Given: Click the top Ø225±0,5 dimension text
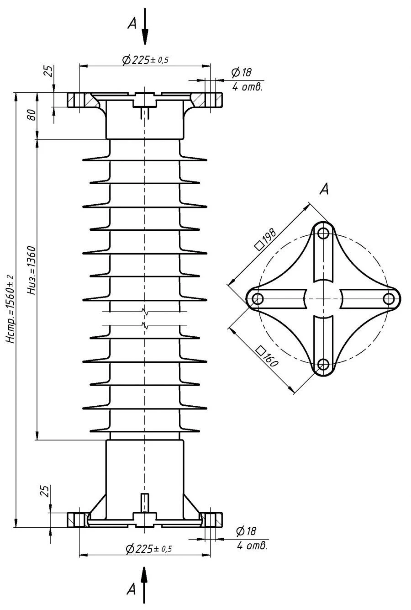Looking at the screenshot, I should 145,60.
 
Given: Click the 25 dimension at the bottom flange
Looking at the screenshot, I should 44,491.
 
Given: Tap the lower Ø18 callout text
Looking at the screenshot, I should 246,531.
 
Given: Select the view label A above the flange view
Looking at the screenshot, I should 324,189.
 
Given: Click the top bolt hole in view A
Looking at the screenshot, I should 324,233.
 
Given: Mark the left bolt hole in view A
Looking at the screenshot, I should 258,299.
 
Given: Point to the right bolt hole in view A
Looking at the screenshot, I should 389,299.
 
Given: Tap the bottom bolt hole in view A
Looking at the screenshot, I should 323,365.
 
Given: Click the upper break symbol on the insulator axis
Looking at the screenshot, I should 145,313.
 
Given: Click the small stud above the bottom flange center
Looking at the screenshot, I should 145,503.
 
